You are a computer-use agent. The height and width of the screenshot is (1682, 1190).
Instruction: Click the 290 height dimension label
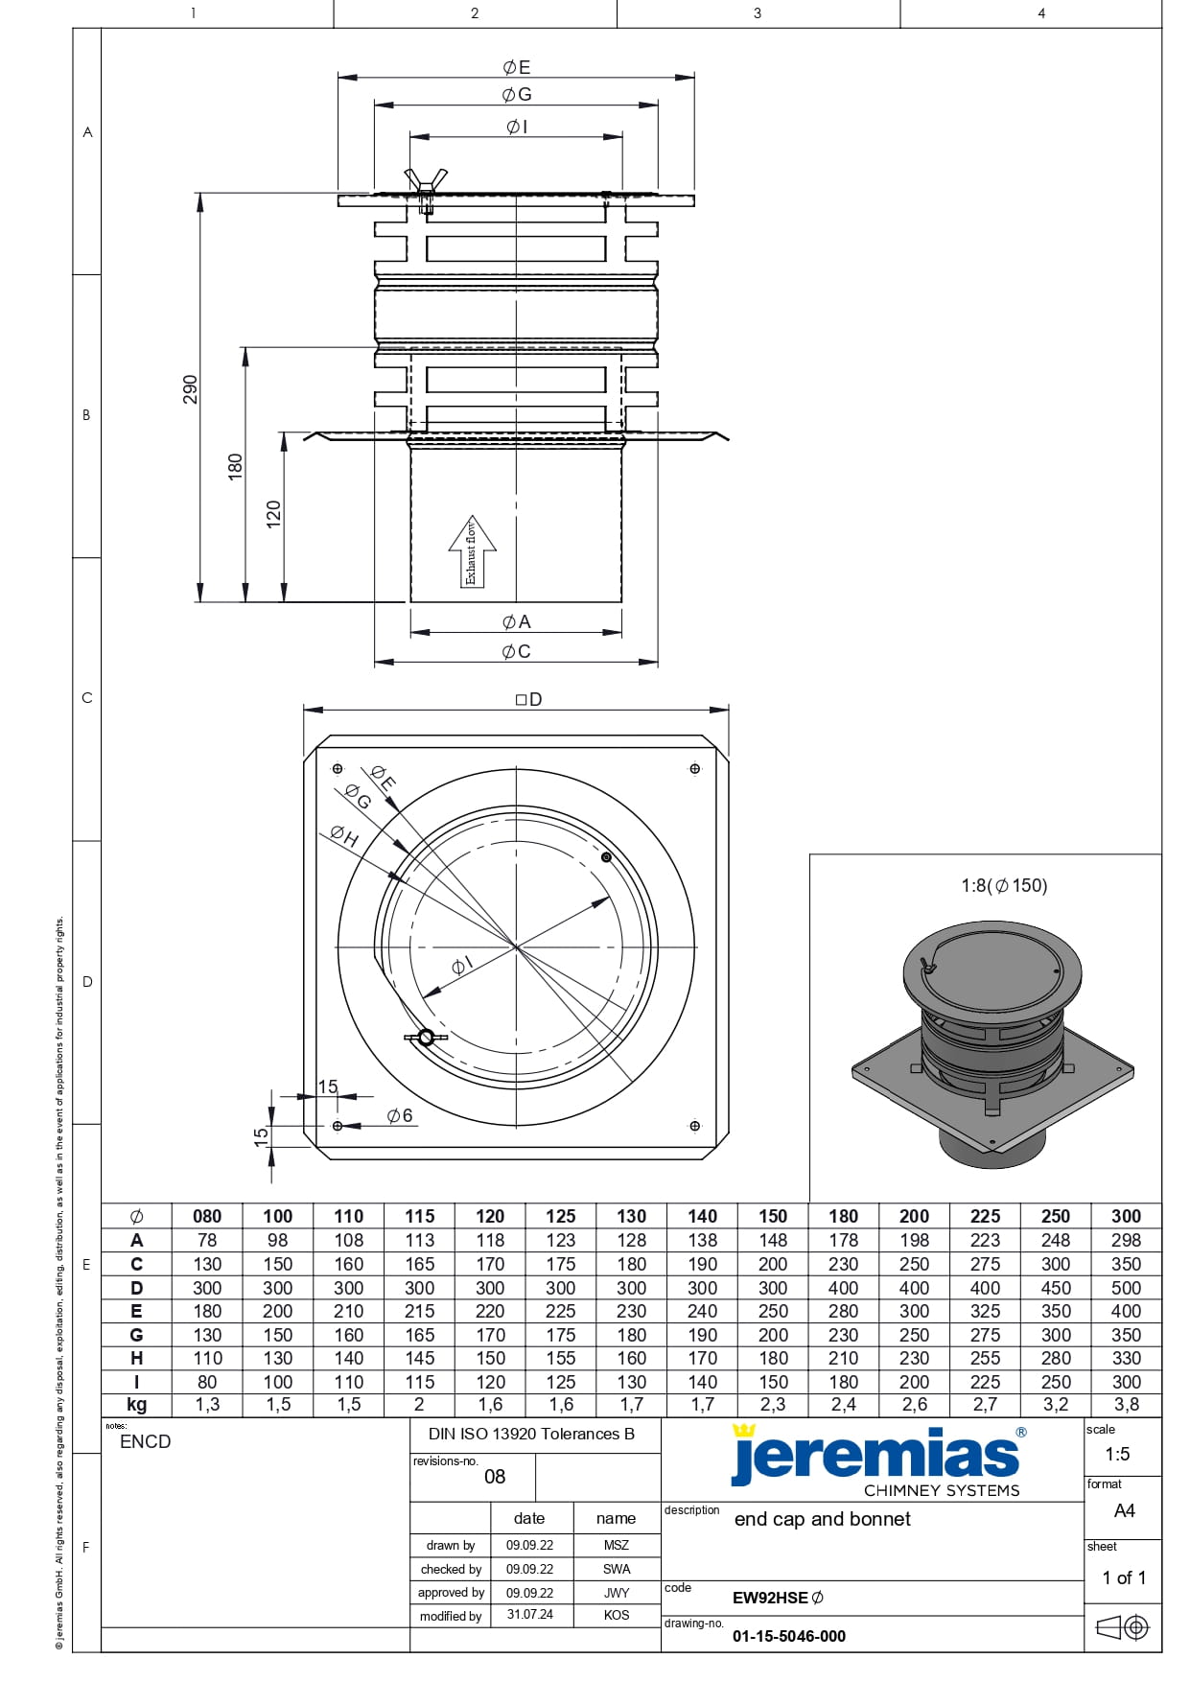tap(190, 389)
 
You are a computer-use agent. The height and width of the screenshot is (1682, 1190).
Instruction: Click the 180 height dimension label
tap(235, 467)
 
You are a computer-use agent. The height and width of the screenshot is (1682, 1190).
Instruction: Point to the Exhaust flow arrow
tap(472, 552)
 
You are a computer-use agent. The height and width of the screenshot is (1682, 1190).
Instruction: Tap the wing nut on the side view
tap(426, 181)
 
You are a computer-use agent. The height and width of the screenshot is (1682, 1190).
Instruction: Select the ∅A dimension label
tap(516, 622)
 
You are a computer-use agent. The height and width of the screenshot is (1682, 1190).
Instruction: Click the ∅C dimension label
tap(516, 652)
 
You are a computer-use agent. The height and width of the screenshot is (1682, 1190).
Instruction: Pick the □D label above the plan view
tap(528, 700)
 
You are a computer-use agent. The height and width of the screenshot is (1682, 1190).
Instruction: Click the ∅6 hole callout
tap(400, 1115)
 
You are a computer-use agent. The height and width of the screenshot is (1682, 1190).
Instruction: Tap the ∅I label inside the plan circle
tap(461, 967)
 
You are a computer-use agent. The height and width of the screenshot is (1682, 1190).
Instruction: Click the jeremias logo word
tap(875, 1455)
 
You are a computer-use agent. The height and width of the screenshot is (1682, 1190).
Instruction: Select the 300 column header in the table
tap(1126, 1216)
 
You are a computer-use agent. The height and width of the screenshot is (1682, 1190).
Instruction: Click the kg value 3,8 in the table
tap(1126, 1405)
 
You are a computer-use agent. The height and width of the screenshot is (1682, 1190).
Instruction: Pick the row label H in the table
tap(136, 1358)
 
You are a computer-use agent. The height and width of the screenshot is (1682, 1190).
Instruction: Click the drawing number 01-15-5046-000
tap(789, 1636)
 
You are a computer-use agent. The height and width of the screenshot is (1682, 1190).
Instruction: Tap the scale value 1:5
tap(1117, 1454)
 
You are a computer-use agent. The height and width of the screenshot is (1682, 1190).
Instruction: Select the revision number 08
tap(495, 1477)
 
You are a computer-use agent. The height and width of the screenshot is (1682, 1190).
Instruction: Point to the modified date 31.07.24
tap(529, 1615)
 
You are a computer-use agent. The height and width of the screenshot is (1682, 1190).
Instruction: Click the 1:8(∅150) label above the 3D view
tap(1004, 886)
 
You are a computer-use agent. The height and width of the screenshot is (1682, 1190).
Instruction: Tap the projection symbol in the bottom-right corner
tap(1122, 1627)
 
